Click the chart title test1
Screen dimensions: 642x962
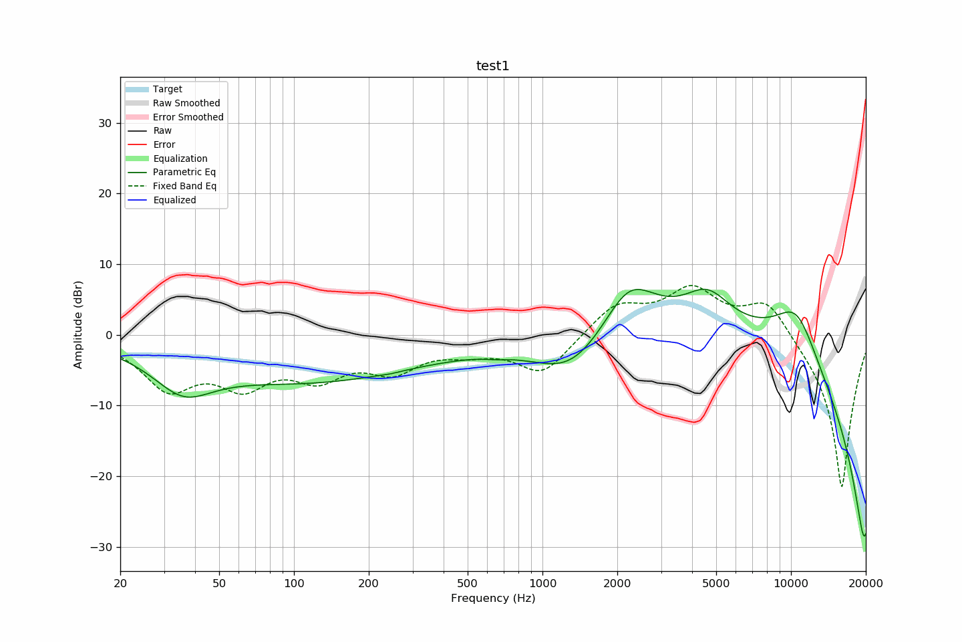point(492,66)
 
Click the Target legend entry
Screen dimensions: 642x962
point(167,89)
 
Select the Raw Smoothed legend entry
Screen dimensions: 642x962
point(186,103)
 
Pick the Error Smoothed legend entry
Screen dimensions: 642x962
point(188,117)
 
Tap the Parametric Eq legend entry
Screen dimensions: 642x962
point(184,172)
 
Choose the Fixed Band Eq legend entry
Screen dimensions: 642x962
point(184,186)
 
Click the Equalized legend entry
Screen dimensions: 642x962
point(174,200)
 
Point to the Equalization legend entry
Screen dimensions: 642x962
point(180,158)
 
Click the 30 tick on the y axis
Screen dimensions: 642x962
point(104,123)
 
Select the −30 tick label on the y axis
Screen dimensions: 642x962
point(101,547)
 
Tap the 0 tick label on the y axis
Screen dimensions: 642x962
point(108,335)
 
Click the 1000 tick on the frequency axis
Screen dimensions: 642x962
point(542,583)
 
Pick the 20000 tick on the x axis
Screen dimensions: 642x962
point(866,583)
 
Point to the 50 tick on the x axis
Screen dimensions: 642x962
point(219,583)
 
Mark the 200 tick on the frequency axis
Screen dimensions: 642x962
point(368,583)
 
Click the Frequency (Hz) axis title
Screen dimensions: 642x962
point(492,598)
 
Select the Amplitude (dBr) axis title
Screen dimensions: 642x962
point(78,324)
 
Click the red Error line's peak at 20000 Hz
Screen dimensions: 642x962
point(865,100)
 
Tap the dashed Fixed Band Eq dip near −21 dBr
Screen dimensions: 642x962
point(842,486)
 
